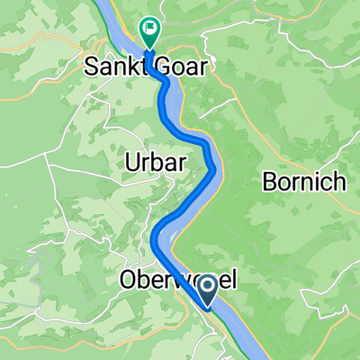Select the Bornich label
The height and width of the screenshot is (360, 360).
click(303, 183)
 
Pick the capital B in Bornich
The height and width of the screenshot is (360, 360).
click(267, 183)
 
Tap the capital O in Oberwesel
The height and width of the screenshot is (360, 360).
click(128, 282)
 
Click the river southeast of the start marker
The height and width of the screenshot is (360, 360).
click(236, 324)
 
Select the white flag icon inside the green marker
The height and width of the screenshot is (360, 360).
click(150, 30)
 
